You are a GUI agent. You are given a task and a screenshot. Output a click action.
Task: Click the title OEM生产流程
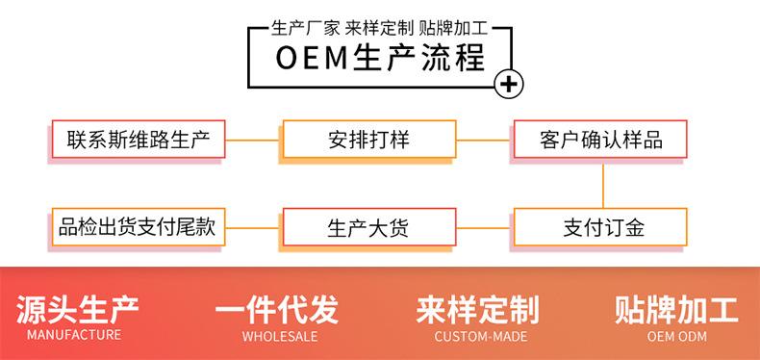(x=379, y=58)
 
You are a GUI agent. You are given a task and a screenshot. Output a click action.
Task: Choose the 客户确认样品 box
(x=601, y=140)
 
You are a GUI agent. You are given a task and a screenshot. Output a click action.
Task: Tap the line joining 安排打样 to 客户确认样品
(x=483, y=141)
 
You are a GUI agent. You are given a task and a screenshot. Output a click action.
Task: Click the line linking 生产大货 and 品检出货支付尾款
(x=252, y=229)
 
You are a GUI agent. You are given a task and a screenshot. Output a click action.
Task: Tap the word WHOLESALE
(x=279, y=337)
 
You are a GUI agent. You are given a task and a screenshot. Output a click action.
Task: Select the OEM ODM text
(x=677, y=337)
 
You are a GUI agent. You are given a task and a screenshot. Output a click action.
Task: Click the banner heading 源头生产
(x=78, y=309)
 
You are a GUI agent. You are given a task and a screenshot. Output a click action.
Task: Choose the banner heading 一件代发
(x=277, y=309)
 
